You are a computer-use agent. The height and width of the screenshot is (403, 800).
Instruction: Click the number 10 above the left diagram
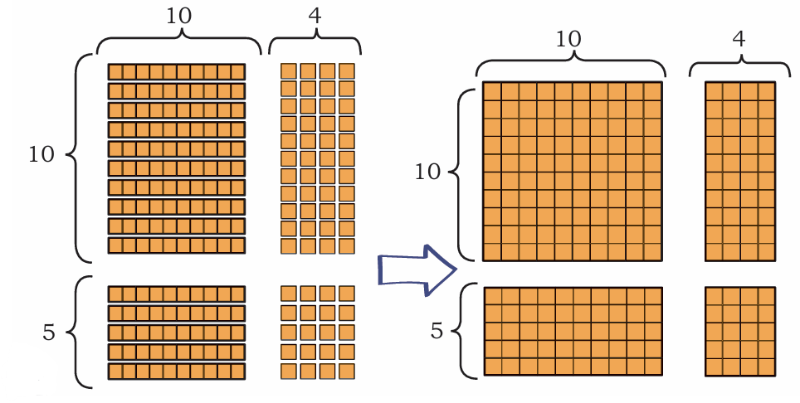[x=179, y=17]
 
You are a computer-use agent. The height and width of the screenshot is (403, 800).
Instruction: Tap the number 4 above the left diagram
[x=315, y=17]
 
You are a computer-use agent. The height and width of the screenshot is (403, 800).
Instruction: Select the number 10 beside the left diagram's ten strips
[x=41, y=154]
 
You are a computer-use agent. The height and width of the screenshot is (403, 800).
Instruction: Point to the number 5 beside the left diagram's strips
[x=48, y=333]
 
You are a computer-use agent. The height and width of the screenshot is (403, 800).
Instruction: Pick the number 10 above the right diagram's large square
[x=568, y=39]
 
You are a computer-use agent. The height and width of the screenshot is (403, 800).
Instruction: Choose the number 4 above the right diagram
[x=739, y=39]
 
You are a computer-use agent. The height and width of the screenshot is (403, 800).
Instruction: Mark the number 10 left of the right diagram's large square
[x=427, y=172]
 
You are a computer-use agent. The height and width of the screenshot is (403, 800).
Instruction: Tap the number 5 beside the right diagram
[x=437, y=331]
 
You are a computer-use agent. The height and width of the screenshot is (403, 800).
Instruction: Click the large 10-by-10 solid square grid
[x=573, y=171]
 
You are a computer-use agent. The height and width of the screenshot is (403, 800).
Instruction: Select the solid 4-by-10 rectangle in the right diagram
[x=740, y=171]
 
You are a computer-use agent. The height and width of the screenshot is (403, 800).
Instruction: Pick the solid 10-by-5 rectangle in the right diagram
[x=573, y=331]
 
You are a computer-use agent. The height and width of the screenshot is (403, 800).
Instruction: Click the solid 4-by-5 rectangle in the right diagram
[x=740, y=332]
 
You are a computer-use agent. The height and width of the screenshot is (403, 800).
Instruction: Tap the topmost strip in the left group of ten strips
[x=177, y=72]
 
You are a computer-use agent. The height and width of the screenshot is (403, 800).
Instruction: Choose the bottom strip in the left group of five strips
[x=177, y=371]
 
